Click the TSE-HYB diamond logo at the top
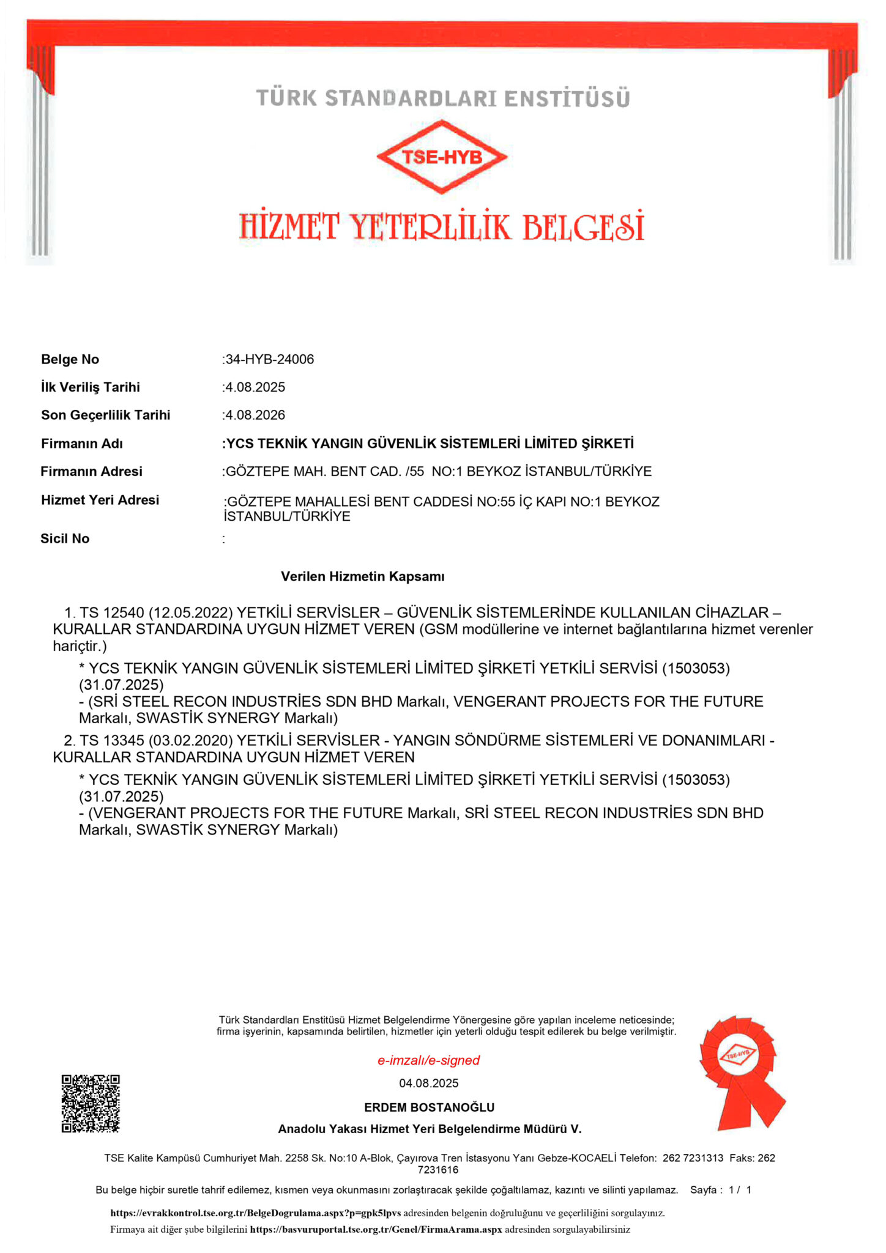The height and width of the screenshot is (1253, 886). pos(442,157)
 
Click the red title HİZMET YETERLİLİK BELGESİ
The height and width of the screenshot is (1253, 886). pos(442,226)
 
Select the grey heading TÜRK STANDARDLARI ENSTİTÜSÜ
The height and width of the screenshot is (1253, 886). pos(443,99)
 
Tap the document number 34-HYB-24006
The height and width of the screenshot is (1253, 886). pos(269,359)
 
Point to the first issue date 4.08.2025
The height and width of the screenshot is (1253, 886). pos(255,387)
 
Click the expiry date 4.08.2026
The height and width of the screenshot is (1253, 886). pos(255,415)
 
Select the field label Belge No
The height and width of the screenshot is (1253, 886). pos(70,359)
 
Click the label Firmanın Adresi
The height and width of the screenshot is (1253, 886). pos(91,471)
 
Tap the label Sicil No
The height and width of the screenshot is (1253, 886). pos(65,538)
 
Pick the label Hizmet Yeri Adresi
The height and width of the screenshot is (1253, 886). pos(100,500)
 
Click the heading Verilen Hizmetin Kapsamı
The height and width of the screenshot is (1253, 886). pos(363,576)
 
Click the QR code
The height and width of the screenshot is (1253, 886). pos(91,1103)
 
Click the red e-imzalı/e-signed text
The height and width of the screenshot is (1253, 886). pos(428,1060)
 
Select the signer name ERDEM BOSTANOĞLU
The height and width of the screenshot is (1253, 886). pos(429,1107)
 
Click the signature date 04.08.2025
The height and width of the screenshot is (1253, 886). pos(428,1084)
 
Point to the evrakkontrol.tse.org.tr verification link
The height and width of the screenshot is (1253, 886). pos(255,1213)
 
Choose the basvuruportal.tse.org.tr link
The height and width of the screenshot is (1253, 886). pos(376,1229)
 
